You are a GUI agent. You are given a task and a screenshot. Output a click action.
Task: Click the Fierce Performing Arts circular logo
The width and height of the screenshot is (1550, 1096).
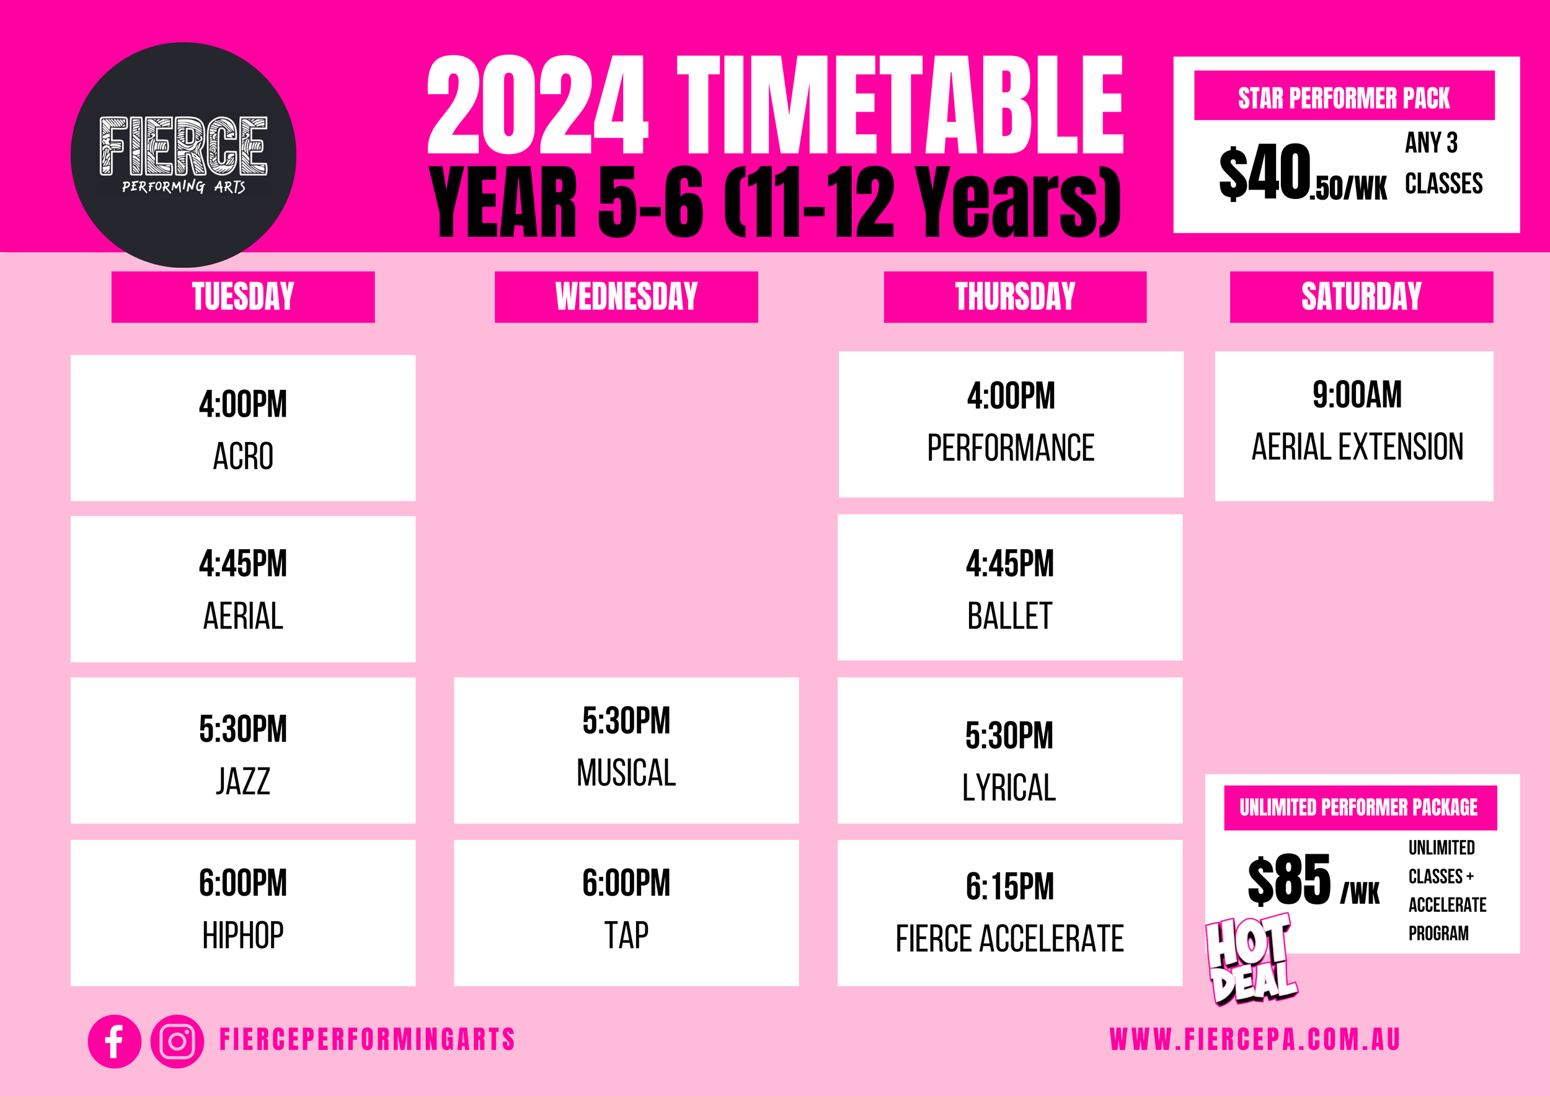click(183, 154)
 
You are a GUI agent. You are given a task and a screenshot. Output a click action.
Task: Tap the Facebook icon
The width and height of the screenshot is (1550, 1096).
click(114, 1041)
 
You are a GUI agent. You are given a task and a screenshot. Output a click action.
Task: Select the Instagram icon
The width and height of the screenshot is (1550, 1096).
click(177, 1041)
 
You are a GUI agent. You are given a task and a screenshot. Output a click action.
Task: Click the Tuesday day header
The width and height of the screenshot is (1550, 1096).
click(243, 297)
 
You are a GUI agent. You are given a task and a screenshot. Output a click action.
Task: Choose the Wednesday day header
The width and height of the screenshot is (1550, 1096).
click(626, 297)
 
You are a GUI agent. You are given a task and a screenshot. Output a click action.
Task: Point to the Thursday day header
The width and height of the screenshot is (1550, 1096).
click(1015, 297)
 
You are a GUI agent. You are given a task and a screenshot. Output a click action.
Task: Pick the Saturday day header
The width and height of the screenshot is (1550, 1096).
click(1361, 297)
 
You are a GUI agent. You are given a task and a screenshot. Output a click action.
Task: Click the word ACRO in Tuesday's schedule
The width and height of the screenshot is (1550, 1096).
click(243, 456)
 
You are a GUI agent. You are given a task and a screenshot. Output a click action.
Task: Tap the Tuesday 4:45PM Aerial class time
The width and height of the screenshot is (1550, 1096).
click(243, 563)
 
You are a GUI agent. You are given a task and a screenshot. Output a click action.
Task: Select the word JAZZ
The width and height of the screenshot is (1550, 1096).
click(243, 782)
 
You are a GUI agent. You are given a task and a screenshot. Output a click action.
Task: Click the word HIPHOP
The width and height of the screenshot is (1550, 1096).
click(243, 935)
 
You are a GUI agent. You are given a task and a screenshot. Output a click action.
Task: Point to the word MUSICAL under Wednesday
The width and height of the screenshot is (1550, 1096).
click(626, 773)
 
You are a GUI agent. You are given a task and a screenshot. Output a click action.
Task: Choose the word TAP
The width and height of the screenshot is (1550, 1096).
click(626, 935)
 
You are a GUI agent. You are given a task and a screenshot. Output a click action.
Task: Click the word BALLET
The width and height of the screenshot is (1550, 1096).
click(1009, 616)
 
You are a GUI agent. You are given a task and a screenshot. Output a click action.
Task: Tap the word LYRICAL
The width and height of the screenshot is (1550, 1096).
click(1009, 787)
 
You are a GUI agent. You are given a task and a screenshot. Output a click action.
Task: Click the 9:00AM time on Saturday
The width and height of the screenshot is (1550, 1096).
click(1357, 395)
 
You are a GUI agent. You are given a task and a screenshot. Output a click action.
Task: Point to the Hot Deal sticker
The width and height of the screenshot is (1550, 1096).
click(1251, 958)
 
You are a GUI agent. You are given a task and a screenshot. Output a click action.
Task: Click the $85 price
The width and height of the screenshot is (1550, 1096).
click(1289, 880)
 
